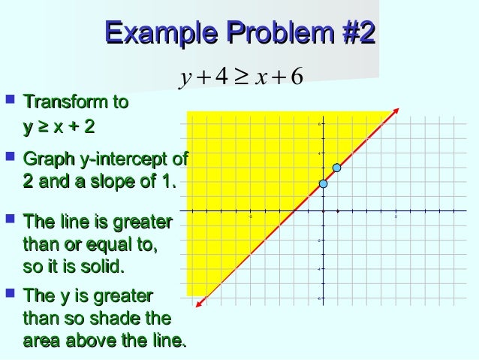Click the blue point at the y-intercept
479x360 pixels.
coord(323,183)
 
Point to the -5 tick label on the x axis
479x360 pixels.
coord(250,217)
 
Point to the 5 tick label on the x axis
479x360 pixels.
coord(396,217)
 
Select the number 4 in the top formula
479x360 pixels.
coord(221,77)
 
